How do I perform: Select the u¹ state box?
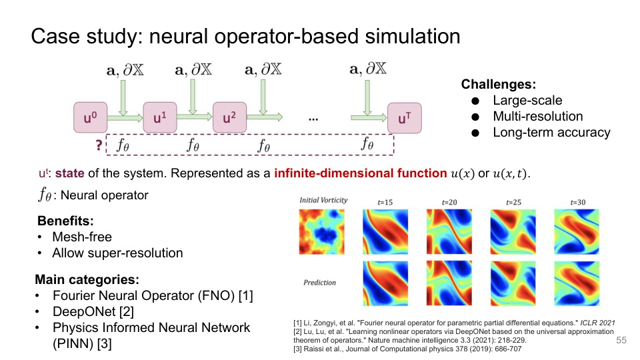coord(159,118)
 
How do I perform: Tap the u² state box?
coord(229,118)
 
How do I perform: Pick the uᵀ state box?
coord(404,119)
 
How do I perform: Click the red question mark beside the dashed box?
coord(99,143)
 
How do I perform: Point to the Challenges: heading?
coord(499,85)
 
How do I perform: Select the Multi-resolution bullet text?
coord(538,117)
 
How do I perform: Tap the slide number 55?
coord(621,341)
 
